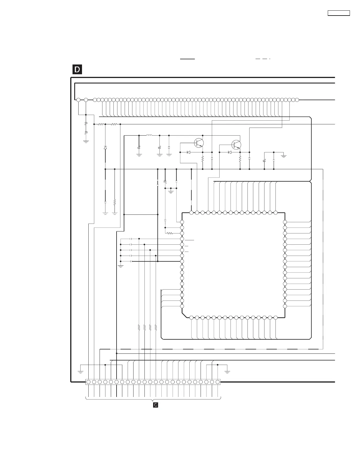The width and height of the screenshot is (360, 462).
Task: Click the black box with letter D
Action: tap(77, 70)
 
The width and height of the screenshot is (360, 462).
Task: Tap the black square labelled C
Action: tap(155, 405)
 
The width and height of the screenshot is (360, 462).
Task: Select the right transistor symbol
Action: tap(236, 145)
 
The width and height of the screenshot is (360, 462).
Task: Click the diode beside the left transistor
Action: tap(188, 152)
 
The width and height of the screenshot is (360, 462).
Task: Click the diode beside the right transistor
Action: tap(230, 152)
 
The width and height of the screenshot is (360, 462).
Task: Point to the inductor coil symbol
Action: tap(149, 135)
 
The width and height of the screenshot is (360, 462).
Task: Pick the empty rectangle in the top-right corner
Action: tap(339, 13)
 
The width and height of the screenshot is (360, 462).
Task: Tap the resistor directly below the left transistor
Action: tap(203, 159)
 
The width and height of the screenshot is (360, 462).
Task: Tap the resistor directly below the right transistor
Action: tap(240, 159)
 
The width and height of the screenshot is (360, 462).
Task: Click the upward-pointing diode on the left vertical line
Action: tap(105, 148)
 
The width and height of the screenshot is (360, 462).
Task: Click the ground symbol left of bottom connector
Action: tap(81, 372)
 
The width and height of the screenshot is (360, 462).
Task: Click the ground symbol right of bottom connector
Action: tap(227, 372)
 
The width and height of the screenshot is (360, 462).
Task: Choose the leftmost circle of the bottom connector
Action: tap(88, 382)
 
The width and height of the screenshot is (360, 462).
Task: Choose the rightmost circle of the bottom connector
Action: tap(218, 382)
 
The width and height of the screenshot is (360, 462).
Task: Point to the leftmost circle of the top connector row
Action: tap(78, 100)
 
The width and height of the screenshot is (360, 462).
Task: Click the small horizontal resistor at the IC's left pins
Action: tap(169, 233)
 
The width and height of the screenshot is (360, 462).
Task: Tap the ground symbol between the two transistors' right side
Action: tap(284, 156)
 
